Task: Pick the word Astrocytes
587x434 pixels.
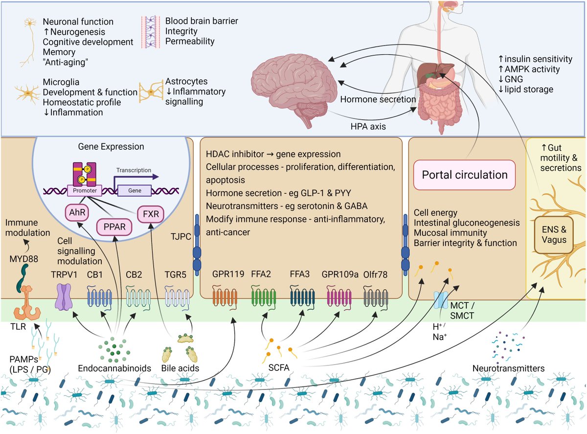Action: (186, 82)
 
